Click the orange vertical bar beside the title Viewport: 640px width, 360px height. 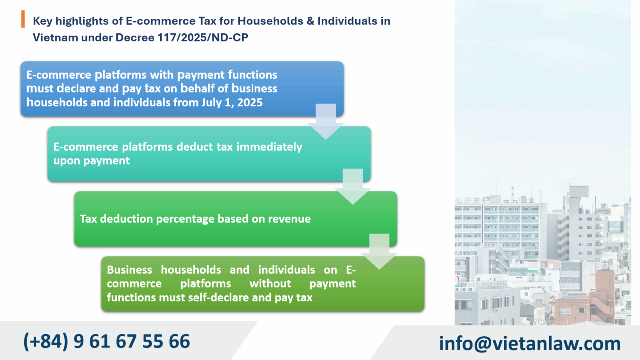(x=23, y=19)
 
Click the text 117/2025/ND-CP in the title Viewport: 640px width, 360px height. (x=202, y=37)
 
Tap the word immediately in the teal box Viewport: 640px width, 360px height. (x=269, y=147)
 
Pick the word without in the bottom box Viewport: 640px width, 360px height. (x=270, y=284)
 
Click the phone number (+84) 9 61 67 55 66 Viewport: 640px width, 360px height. (x=107, y=342)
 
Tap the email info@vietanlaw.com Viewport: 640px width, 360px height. (x=530, y=344)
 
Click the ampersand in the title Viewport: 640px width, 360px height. (x=310, y=21)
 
